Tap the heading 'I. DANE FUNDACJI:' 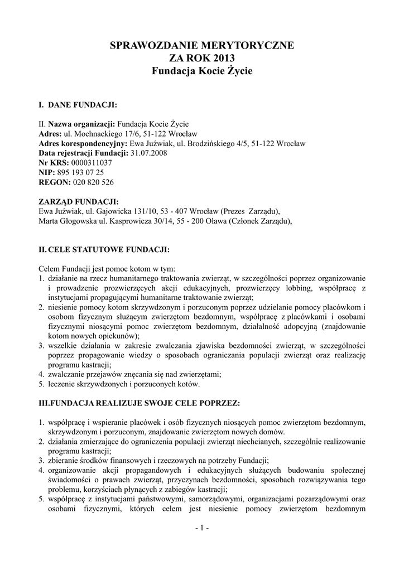coord(77,104)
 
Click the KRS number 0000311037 coord(92,162)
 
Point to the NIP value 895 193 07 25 coord(80,172)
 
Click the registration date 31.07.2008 coord(147,152)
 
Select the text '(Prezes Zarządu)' coord(251,211)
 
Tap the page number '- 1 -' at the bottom coord(201,528)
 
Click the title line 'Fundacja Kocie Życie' coord(202,71)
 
